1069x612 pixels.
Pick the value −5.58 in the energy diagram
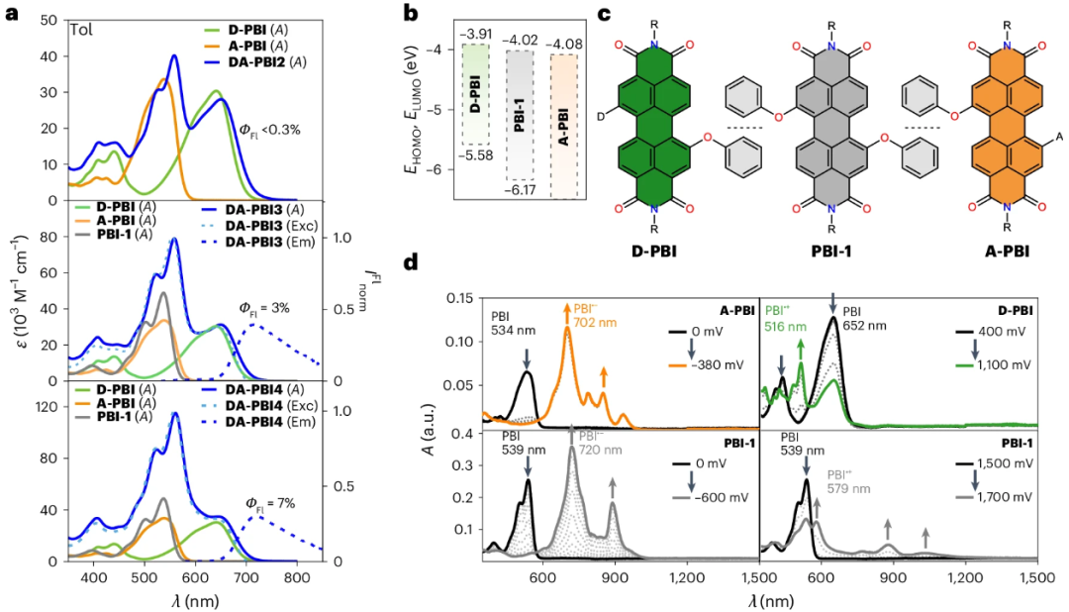(480, 157)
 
